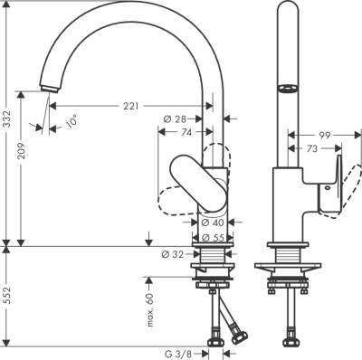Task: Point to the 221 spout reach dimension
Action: (x=131, y=108)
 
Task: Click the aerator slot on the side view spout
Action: (x=287, y=88)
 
